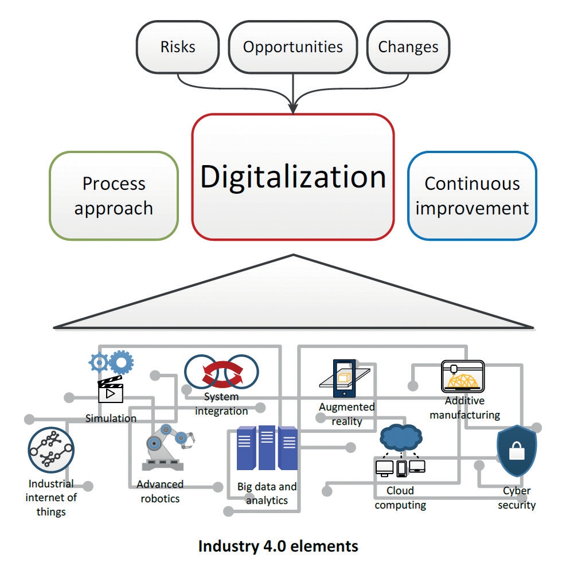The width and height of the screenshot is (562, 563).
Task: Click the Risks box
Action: [178, 47]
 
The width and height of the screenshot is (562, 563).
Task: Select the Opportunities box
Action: [293, 47]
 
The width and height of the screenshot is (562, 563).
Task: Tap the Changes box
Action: [408, 47]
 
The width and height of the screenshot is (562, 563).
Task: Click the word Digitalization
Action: [293, 177]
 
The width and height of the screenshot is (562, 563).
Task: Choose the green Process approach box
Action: [114, 196]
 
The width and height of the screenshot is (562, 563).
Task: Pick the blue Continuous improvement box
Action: [472, 196]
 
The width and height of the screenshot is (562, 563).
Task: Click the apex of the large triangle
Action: [294, 255]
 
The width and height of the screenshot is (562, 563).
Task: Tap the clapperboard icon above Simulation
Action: [111, 390]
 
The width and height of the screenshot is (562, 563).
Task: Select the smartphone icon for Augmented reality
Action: [345, 378]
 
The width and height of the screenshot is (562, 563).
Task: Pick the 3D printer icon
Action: [463, 376]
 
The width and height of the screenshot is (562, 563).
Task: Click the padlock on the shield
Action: [517, 451]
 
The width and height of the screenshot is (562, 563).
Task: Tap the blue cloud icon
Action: [401, 437]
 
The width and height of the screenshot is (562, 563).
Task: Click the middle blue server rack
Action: [267, 448]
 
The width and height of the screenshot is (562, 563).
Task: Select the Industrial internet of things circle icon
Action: [51, 450]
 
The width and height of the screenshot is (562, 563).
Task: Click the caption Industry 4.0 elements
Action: [278, 546]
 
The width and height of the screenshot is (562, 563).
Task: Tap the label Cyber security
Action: [517, 498]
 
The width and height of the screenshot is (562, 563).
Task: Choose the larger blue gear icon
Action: [122, 363]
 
